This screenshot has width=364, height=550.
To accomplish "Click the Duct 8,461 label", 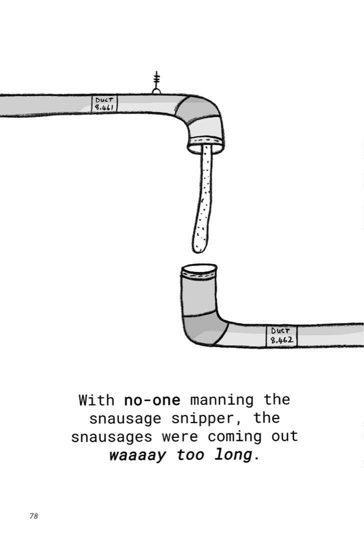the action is point(104,104).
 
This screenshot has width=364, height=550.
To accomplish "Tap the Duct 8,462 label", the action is point(281,336).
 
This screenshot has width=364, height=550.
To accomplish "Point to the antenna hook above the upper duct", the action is point(156,83).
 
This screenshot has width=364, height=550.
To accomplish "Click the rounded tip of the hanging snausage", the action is point(200,247).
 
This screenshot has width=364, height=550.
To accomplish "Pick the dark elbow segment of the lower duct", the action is point(204,329).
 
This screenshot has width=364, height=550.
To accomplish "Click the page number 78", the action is point(33,516).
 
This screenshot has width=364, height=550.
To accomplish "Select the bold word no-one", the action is point(152,400).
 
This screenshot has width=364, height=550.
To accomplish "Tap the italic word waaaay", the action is point(137,455).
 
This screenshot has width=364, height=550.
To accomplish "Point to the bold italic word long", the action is point(233,455).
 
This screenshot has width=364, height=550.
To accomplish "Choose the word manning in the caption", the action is point(221,400).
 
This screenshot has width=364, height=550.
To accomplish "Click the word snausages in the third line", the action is point(112,437).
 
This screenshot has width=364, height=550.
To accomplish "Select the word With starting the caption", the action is point(97,400).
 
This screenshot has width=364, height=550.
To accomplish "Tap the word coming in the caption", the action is point(235,437).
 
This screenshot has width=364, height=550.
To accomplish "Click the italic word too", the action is point(190,455).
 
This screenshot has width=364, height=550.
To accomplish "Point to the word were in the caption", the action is point(180,437).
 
